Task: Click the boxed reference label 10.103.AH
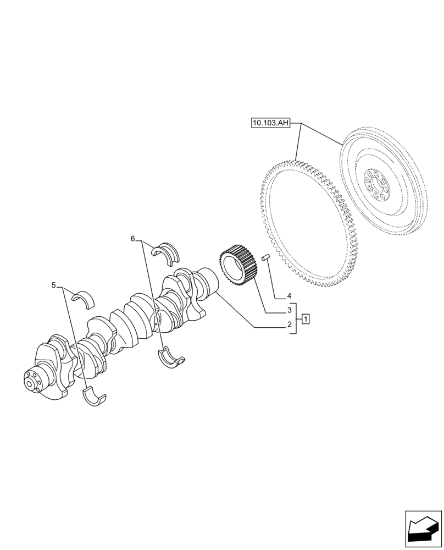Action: (270, 124)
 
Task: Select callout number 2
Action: (289, 325)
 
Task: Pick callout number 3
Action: (289, 310)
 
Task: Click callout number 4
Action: (289, 295)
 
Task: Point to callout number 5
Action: (53, 285)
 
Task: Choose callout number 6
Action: (132, 239)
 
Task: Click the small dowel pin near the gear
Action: (267, 257)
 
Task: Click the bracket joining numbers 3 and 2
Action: (296, 318)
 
